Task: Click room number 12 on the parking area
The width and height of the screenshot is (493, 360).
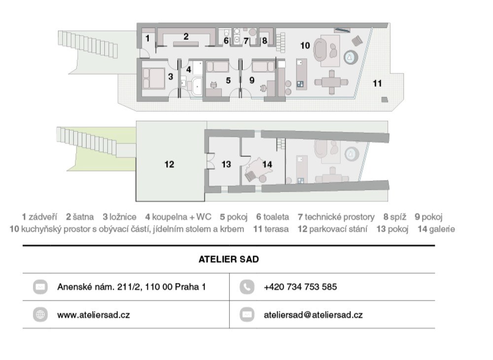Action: [169, 164]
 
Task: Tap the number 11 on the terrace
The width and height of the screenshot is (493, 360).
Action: [377, 83]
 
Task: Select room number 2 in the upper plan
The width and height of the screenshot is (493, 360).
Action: [186, 36]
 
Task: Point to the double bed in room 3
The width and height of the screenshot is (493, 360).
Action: [153, 78]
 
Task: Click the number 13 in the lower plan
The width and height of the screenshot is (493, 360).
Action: [226, 164]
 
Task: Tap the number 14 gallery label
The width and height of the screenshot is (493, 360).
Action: [267, 164]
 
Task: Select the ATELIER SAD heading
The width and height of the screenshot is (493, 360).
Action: [229, 259]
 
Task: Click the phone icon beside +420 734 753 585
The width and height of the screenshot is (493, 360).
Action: [247, 287]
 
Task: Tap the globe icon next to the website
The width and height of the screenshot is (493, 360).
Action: [40, 315]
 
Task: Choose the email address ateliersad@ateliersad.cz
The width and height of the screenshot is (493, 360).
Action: [313, 315]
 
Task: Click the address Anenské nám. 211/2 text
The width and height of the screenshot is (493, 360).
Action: [132, 287]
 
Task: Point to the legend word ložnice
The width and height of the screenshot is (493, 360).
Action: [123, 217]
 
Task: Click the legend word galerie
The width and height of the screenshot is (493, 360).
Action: [442, 229]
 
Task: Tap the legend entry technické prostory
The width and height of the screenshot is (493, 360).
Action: [340, 217]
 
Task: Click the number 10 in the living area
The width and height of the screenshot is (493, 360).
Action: [305, 45]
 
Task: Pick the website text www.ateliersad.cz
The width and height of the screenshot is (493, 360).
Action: [93, 315]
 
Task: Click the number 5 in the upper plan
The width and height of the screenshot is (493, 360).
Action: [228, 80]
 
